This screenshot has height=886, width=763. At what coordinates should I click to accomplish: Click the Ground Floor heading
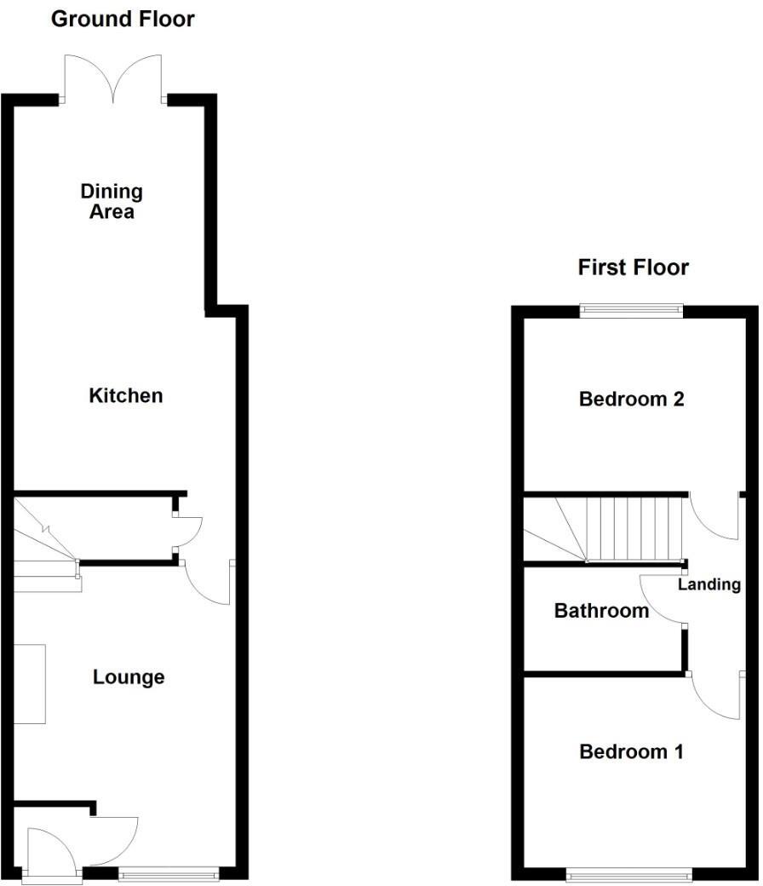coord(123,19)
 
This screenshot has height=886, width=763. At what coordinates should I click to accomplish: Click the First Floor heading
coord(633,268)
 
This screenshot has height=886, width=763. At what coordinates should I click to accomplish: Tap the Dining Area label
coord(112,201)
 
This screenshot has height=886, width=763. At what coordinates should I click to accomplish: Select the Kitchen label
coord(126,395)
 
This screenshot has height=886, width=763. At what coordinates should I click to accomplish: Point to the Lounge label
coord(129,677)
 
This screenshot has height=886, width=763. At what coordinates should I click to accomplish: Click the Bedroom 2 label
coord(631,399)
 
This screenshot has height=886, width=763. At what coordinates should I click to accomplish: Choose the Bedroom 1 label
coord(631,751)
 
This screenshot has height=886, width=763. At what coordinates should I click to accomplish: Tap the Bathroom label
coord(601,611)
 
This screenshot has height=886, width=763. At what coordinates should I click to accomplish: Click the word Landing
coord(708,584)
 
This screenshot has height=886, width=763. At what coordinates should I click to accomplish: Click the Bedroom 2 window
coord(631,311)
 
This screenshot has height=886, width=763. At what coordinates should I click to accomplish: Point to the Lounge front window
coord(169,872)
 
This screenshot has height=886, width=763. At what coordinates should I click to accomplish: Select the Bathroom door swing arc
coord(663,600)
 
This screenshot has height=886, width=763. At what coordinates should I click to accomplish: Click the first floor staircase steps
coord(634,528)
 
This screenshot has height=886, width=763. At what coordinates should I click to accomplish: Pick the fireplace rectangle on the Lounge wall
coord(30,684)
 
